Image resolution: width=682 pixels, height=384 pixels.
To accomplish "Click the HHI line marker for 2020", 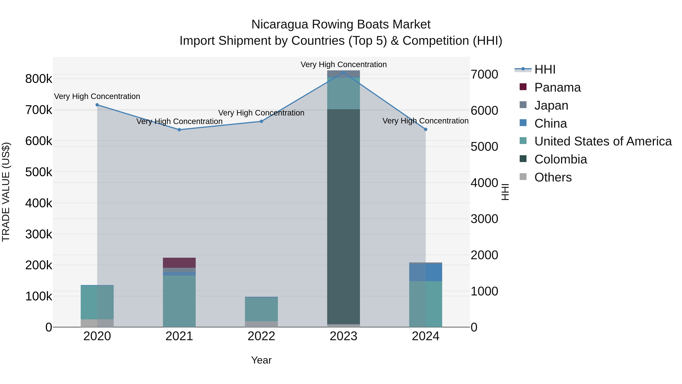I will pos(97,105).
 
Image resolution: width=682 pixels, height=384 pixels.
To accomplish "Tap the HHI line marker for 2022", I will pos(261,121).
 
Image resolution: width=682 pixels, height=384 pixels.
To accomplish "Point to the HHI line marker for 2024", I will pos(426,130).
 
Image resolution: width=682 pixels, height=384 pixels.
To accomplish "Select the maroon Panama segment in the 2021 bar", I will pos(179,263).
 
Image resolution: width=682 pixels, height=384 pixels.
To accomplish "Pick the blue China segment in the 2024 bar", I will pos(426,272).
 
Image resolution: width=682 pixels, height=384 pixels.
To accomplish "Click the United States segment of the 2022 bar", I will pos(261,309).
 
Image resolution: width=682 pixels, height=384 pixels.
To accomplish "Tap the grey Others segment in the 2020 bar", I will pos(97,323).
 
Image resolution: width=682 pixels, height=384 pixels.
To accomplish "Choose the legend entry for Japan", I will pos(551,105).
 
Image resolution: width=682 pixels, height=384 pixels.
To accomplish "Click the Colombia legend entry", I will pos(561,159).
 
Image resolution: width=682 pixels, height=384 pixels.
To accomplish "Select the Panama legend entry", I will pos(557,87).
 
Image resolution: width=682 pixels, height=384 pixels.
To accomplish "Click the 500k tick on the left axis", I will pos(39,172).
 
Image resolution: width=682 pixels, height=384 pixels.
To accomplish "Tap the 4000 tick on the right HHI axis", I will pos(484,183).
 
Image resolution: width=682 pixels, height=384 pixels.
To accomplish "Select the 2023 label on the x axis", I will pos(343,336).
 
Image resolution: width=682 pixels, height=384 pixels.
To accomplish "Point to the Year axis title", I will pos(261,360).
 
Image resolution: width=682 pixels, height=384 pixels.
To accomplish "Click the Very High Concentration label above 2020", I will pos(97,97).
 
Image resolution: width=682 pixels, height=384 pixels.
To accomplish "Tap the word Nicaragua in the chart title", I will pos(280,24).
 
